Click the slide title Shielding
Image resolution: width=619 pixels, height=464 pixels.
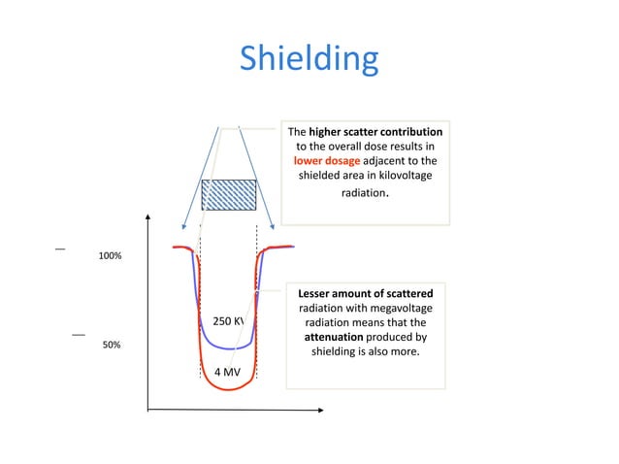(x=309, y=59)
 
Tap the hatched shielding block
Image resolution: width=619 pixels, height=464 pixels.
(x=229, y=194)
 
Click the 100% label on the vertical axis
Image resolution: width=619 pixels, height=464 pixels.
(x=110, y=256)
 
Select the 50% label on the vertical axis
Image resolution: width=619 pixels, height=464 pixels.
(x=110, y=345)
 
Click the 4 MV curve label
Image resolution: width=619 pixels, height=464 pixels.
(x=227, y=371)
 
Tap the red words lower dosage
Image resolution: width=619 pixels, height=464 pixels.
(x=327, y=160)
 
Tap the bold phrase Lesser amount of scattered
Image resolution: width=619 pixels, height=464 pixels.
(x=365, y=293)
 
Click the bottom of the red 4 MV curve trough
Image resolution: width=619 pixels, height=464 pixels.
(x=229, y=389)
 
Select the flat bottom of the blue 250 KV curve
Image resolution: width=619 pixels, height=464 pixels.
(x=229, y=347)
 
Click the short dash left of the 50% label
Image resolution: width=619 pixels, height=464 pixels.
(x=79, y=335)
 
